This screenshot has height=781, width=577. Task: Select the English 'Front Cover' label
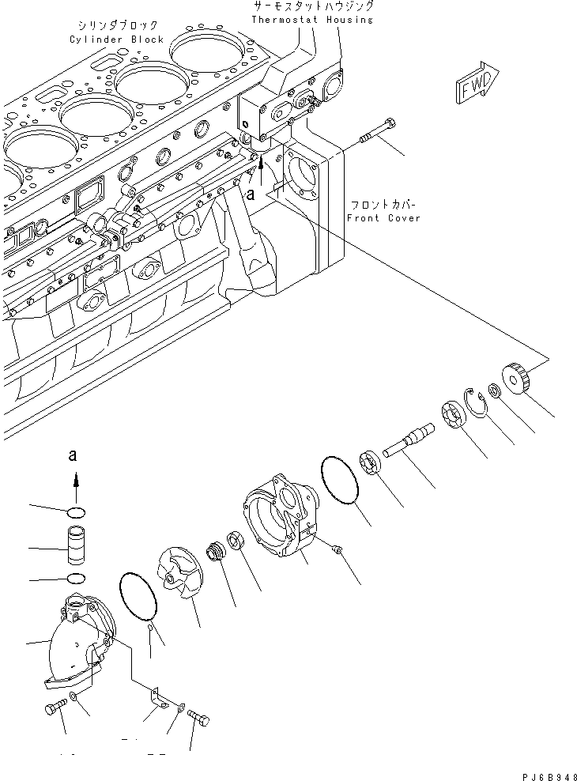pyautogui.click(x=383, y=218)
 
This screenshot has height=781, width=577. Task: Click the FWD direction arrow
pyautogui.click(x=477, y=83)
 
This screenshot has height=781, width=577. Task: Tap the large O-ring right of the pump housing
pyautogui.click(x=340, y=479)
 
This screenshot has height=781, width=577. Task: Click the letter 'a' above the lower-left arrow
pyautogui.click(x=74, y=455)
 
